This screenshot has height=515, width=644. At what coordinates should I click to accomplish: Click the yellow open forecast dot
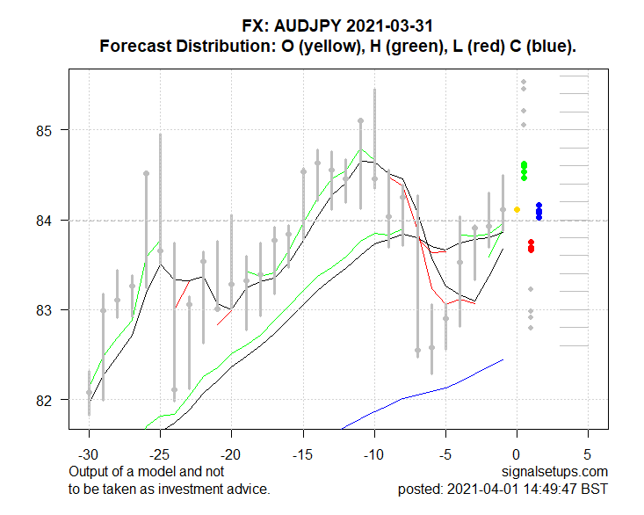(517, 209)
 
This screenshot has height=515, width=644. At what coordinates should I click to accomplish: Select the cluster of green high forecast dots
(524, 170)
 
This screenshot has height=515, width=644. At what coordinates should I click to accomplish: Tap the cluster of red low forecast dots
(531, 246)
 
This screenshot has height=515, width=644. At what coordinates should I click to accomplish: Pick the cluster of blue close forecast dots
(539, 211)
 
